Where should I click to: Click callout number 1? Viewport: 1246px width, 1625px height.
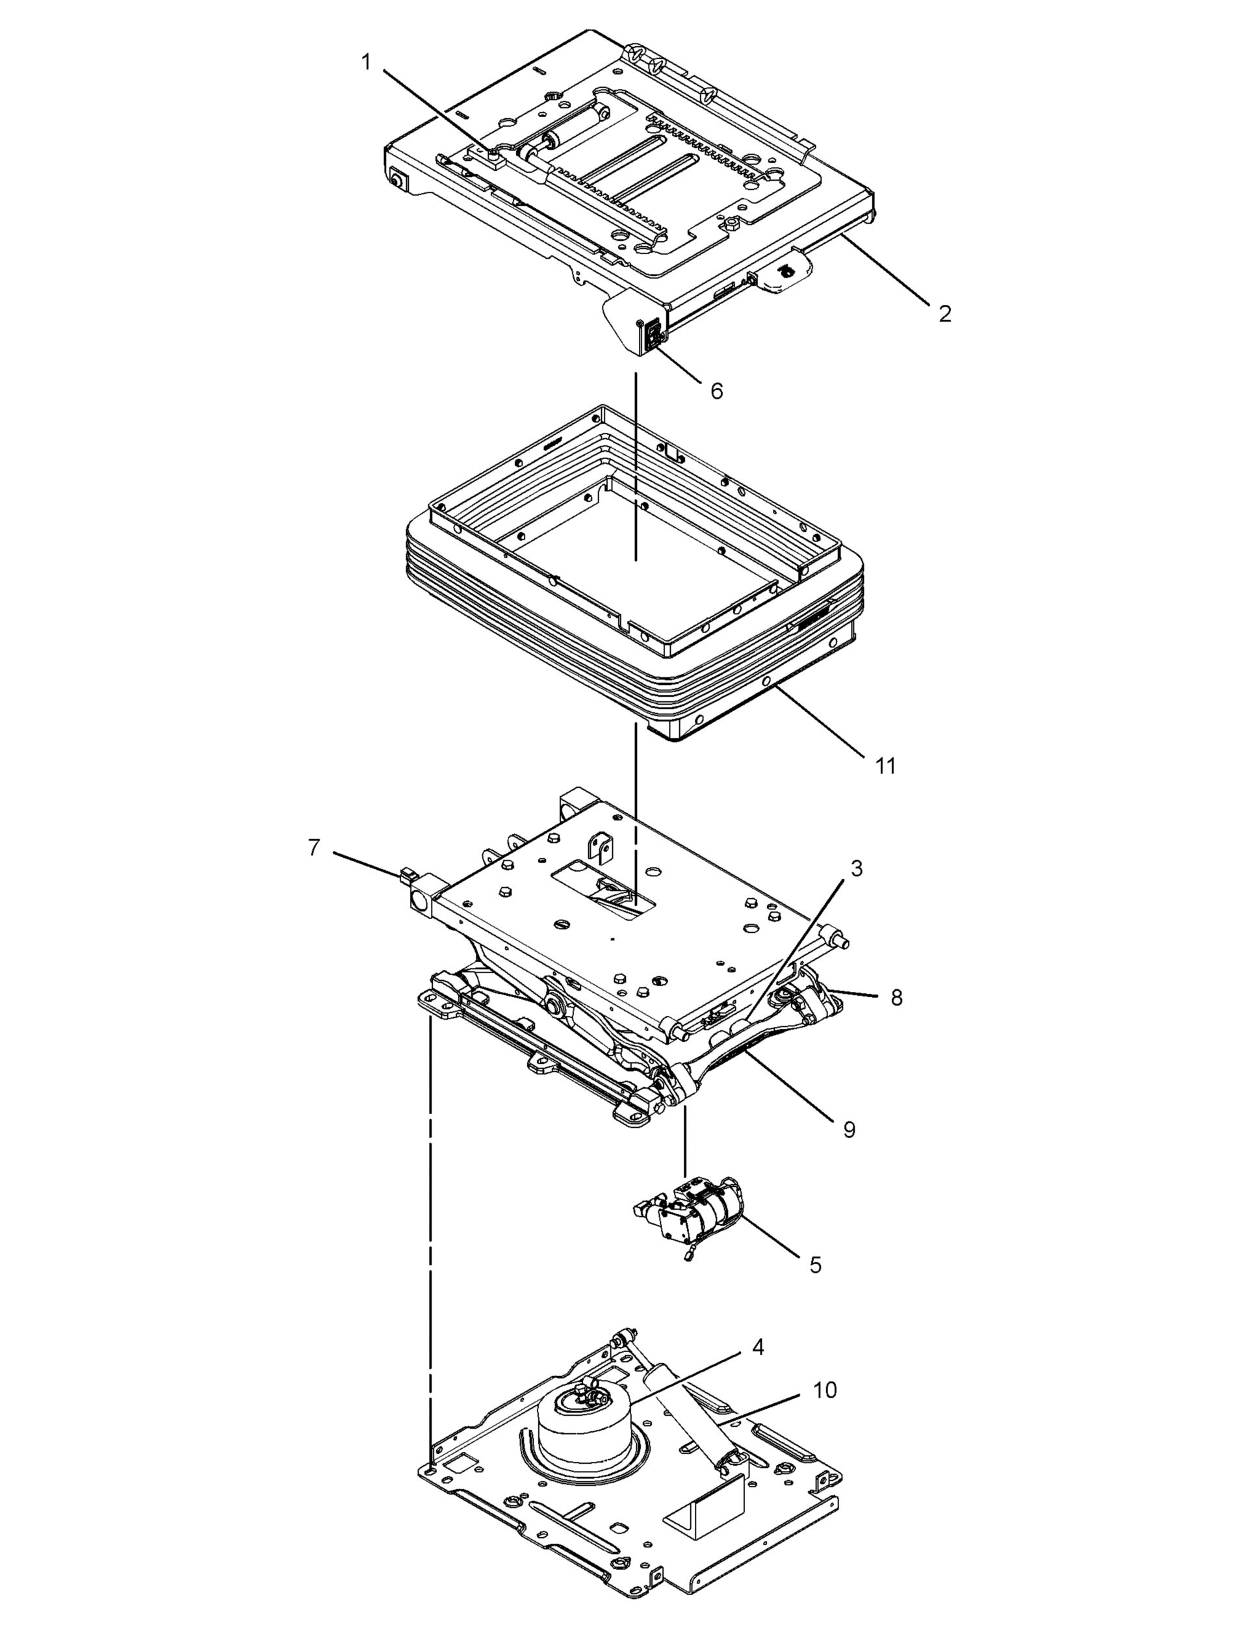click(x=366, y=62)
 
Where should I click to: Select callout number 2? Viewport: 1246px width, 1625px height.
click(x=944, y=314)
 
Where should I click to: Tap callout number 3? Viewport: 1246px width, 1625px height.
click(x=857, y=868)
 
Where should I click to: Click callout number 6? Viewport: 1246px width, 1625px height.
click(x=716, y=391)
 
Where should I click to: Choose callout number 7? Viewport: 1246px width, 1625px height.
click(x=315, y=847)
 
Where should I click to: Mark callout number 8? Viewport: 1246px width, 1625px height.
click(x=896, y=998)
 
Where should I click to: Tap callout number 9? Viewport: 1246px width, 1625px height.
click(x=850, y=1130)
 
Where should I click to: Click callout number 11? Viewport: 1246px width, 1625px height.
click(x=885, y=766)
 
